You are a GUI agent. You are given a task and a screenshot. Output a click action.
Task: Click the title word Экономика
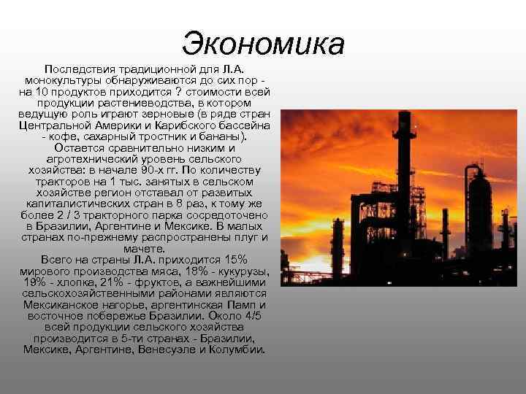[264, 43]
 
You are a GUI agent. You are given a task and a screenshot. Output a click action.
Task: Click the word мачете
[144, 248]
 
